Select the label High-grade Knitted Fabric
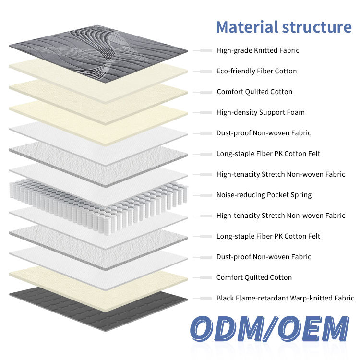tap(258, 50)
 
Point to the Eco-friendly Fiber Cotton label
tap(256, 71)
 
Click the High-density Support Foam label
tap(260, 112)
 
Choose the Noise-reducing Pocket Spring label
tap(264, 195)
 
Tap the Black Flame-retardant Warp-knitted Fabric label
tap(285, 298)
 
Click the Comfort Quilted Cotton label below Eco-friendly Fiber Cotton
tap(254, 92)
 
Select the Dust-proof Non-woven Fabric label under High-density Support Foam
tap(264, 133)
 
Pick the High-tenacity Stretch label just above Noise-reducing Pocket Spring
tap(280, 174)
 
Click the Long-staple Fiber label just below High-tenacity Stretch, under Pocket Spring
tap(268, 236)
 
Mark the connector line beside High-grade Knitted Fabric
tap(203, 50)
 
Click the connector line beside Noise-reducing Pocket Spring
tap(203, 195)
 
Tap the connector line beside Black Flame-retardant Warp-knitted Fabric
tap(203, 298)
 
